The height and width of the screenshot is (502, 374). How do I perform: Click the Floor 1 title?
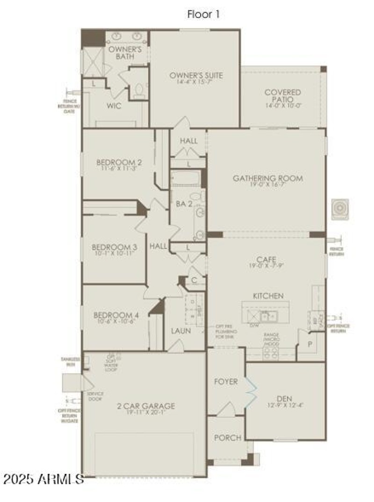click(203, 15)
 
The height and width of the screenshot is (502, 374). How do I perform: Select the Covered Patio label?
click(282, 95)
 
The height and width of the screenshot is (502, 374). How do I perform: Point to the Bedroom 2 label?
click(119, 162)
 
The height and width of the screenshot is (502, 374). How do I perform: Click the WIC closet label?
click(114, 106)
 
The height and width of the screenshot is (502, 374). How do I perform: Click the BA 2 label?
click(181, 204)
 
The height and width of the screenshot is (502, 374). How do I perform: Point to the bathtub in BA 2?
click(186, 179)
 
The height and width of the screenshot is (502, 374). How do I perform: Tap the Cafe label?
click(266, 259)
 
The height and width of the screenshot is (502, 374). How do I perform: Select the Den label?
click(284, 399)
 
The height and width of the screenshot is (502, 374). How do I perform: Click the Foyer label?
click(226, 382)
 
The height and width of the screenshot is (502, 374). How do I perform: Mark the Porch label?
click(228, 438)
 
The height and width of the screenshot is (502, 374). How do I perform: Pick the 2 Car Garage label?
click(145, 406)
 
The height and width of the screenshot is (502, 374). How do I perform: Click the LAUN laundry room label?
click(180, 330)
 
